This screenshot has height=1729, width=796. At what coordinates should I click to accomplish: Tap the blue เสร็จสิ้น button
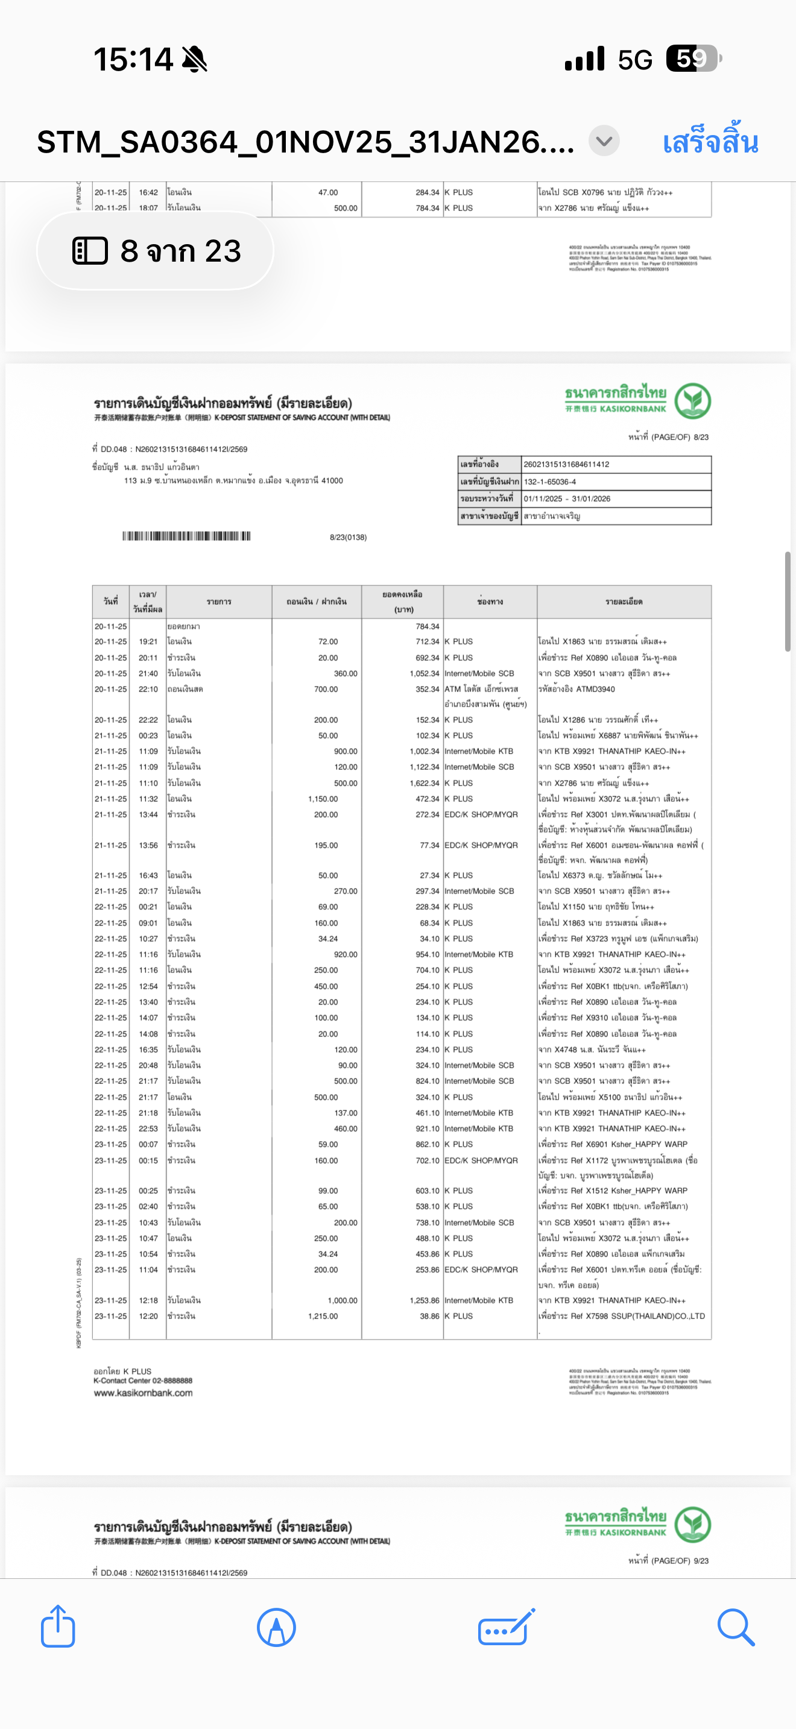click(x=710, y=142)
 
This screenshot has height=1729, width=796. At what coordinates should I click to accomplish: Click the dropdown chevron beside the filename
click(x=604, y=142)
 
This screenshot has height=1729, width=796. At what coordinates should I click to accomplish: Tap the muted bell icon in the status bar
click(x=195, y=60)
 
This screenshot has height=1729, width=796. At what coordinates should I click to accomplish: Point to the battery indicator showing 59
click(x=693, y=58)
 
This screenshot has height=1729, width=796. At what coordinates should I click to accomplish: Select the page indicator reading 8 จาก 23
click(x=156, y=251)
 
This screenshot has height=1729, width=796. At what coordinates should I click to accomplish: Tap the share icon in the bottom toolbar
click(x=58, y=1627)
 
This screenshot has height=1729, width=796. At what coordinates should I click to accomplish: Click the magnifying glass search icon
click(x=736, y=1627)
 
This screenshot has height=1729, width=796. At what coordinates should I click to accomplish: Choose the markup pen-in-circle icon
click(x=276, y=1627)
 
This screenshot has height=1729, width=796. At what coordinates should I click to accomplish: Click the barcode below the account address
click(x=186, y=535)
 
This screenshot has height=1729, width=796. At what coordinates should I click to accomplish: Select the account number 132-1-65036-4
click(x=550, y=482)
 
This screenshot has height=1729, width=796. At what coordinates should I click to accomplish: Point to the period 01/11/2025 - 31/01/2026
click(x=567, y=499)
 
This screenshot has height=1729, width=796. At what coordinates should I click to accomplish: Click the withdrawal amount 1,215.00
click(x=323, y=1316)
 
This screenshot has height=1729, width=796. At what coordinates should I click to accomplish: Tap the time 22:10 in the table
click(x=148, y=689)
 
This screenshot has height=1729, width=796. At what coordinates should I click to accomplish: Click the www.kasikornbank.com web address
click(x=143, y=1393)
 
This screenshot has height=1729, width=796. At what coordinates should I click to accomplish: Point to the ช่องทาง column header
click(x=490, y=602)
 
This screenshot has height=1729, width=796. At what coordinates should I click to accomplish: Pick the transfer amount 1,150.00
click(x=323, y=799)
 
